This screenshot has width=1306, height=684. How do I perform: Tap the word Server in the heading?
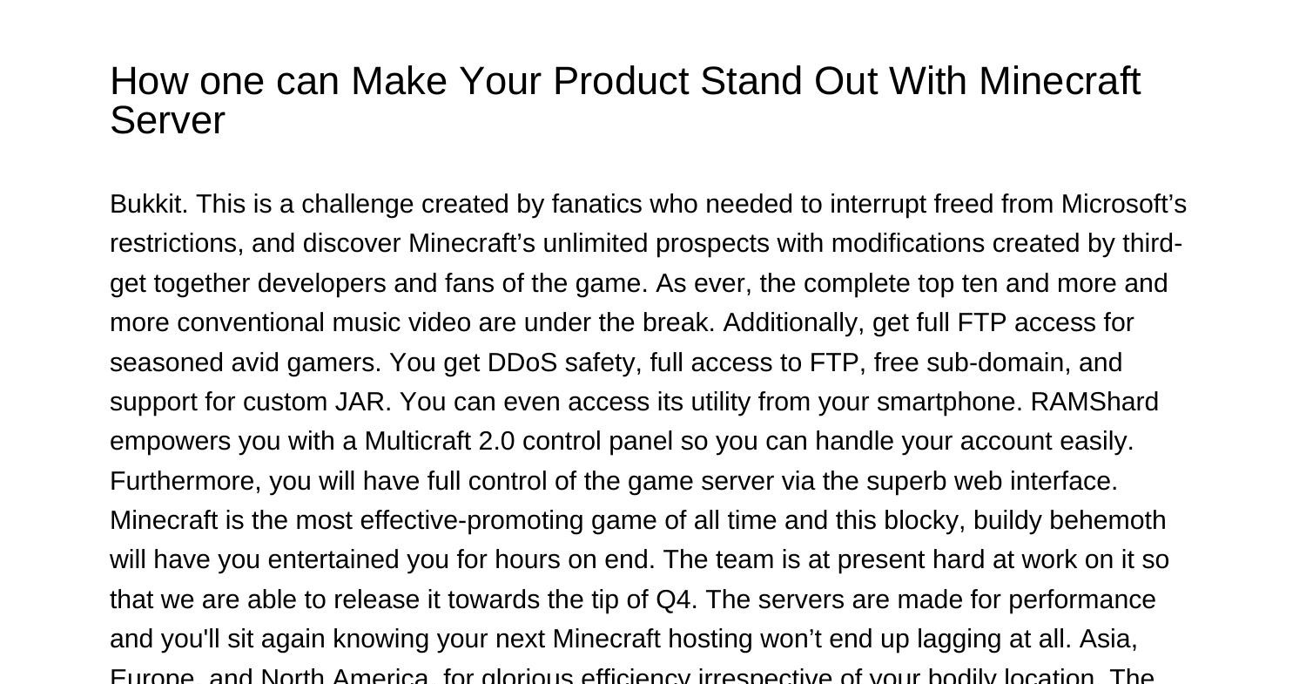[x=167, y=120]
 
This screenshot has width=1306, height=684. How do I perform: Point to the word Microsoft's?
[x=1124, y=204]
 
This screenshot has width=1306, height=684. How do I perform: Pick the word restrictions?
[x=175, y=243]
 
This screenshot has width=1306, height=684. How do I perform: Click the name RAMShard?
[x=1094, y=402]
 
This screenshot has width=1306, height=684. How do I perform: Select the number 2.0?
[x=496, y=441]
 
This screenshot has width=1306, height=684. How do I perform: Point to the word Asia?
[x=1107, y=639]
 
